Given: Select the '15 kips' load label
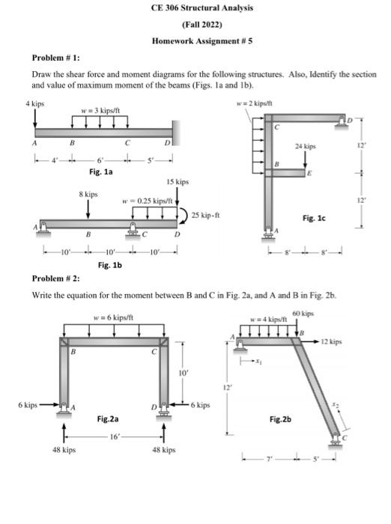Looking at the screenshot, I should click(178, 182).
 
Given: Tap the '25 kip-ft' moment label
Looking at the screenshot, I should click(204, 216).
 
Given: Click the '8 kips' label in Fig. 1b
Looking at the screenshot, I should click(88, 194).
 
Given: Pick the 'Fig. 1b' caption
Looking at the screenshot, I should click(111, 264).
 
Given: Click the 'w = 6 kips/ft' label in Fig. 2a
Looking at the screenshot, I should click(114, 317).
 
